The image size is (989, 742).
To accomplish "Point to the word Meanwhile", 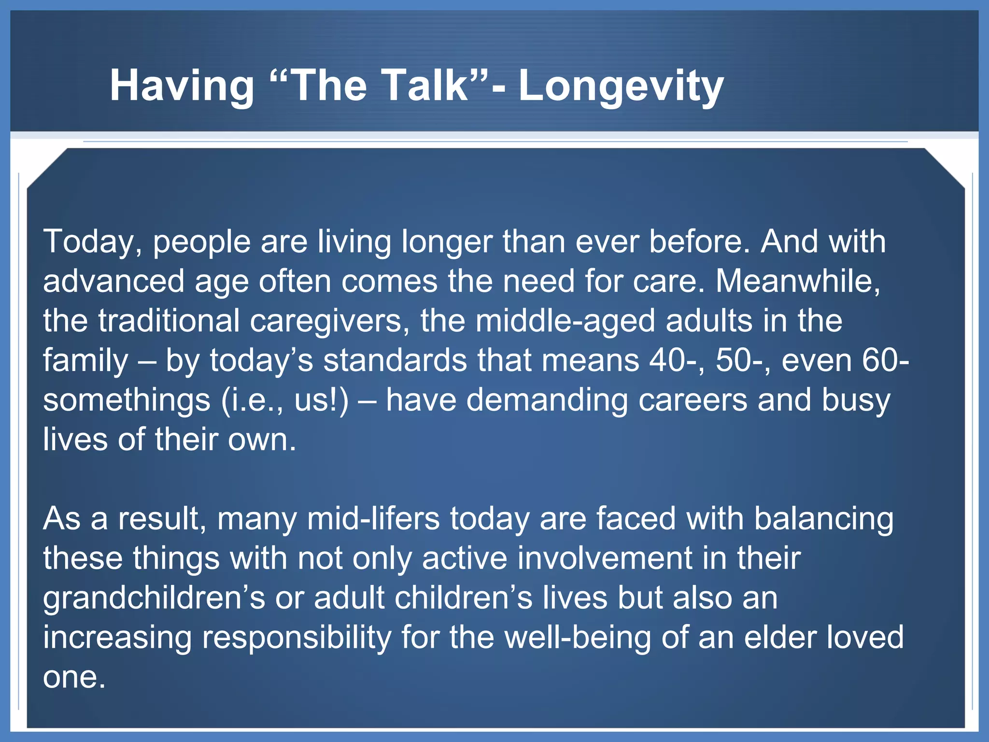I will click(x=798, y=281).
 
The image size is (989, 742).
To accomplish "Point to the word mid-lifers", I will click(x=373, y=519).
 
